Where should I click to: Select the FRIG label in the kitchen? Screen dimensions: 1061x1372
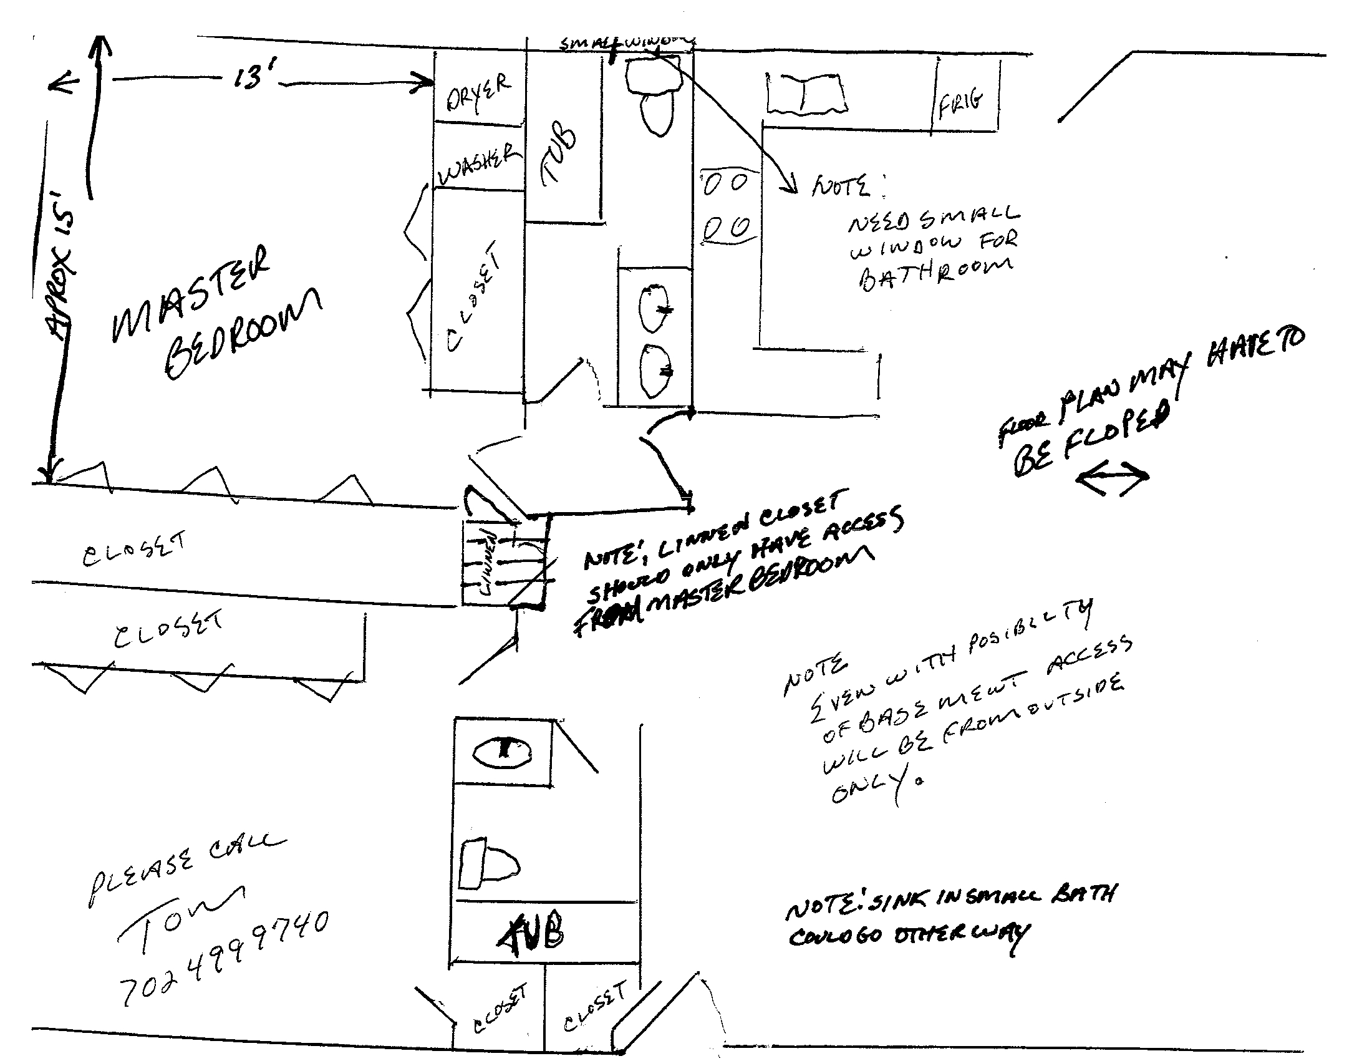point(961,104)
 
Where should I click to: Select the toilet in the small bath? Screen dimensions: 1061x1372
point(489,865)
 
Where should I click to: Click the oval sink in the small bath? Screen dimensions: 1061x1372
point(502,752)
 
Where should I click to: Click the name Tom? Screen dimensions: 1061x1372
point(179,914)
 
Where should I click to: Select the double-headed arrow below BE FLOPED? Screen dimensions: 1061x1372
point(1112,479)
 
